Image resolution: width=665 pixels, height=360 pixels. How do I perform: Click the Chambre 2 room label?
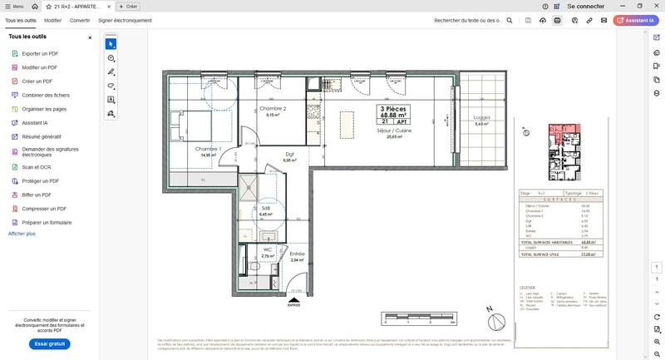(x=272, y=109)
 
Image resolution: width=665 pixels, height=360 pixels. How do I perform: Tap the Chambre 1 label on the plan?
(x=209, y=149)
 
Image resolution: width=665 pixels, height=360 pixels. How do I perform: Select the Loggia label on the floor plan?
(x=480, y=118)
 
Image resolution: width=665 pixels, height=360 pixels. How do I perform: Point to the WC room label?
(x=267, y=249)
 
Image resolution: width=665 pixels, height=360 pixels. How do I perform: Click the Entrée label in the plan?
(x=297, y=254)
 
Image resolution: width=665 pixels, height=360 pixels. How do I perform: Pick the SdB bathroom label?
(x=266, y=209)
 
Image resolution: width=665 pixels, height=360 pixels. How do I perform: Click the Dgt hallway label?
(x=289, y=154)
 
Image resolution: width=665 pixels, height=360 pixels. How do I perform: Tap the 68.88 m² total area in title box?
(x=394, y=115)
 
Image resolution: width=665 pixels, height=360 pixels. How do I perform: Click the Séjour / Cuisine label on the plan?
(x=394, y=131)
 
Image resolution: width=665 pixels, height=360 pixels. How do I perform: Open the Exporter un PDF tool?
(x=39, y=53)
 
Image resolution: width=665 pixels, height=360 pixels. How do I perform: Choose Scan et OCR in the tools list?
(x=36, y=166)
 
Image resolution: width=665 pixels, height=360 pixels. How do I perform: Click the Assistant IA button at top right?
(x=636, y=19)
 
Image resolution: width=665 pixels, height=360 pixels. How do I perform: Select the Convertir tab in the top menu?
(x=80, y=19)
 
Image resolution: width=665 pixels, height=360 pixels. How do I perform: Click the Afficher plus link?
(x=22, y=234)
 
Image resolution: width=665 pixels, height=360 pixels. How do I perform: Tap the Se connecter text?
(x=585, y=6)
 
